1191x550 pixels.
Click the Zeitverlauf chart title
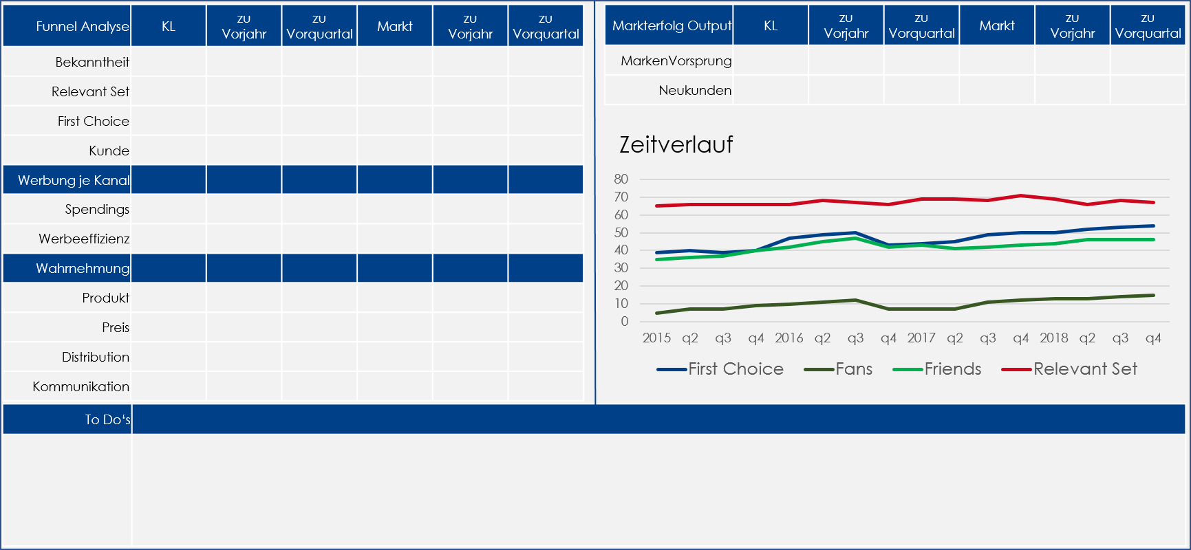[676, 144]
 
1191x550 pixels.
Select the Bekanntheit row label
[92, 62]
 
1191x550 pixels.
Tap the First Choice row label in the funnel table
[93, 121]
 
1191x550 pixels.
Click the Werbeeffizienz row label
[84, 239]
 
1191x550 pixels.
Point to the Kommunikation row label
[81, 386]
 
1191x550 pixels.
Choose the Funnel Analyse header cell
[82, 26]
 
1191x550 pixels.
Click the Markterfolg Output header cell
[672, 25]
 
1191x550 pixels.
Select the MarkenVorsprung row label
[676, 60]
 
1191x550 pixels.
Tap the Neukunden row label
[695, 90]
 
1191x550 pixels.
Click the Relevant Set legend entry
[1084, 369]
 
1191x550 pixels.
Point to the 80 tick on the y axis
[621, 179]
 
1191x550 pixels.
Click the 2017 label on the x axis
[921, 338]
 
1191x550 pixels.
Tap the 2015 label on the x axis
[656, 338]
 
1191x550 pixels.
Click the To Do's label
[107, 419]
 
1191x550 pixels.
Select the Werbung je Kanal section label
[74, 180]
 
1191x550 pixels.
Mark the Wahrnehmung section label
[83, 268]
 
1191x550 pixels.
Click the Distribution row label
[96, 357]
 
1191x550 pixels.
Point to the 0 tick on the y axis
[625, 321]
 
